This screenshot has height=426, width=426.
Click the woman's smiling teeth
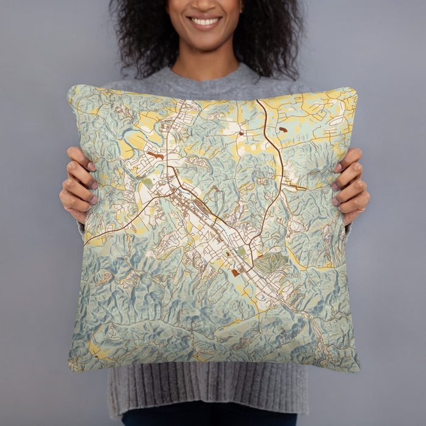205,21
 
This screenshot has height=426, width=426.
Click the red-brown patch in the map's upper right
282,130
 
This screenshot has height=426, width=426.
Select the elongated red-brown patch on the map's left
156,155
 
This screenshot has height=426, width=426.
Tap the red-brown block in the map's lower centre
236,273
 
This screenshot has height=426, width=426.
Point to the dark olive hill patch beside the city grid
271,262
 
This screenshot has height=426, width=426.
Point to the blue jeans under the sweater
207,419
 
